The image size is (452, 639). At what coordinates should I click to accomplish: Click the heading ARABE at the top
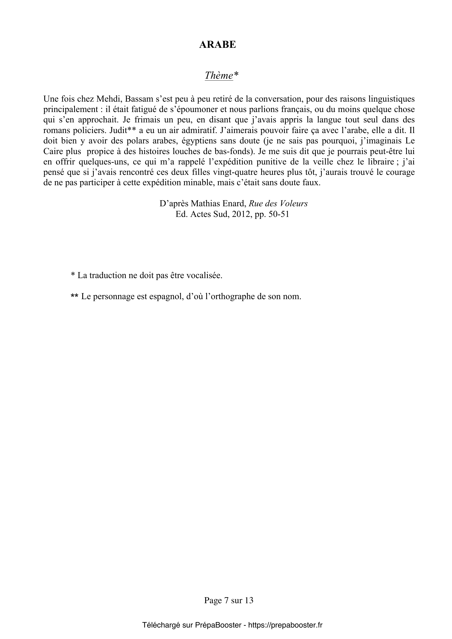pos(217,45)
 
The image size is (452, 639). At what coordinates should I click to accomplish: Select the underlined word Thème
pos(219,75)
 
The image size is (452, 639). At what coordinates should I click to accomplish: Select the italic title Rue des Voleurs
pos(278,204)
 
